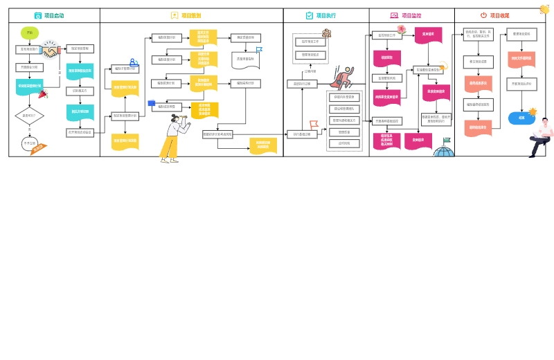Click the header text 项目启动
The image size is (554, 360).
pos(54,15)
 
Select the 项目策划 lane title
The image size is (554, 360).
pos(191,15)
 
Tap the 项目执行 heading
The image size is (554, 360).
pos(326,15)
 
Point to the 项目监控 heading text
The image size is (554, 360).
pos(411,15)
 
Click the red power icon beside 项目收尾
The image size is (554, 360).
pos(483,15)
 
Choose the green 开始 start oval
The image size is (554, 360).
pos(29,33)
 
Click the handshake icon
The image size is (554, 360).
pos(50,51)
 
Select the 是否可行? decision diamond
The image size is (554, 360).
pos(29,116)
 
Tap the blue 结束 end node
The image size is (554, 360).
pos(521,118)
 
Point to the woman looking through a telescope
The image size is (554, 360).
pos(173,138)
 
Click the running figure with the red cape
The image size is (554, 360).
pos(341,78)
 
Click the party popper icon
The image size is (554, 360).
pos(43,94)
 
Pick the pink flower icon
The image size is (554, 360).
pos(401,29)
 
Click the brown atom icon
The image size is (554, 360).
pos(325,33)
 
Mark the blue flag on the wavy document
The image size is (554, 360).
pos(259,49)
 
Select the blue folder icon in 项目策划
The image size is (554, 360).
pos(152,102)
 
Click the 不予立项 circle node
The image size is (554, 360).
pos(30,143)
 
